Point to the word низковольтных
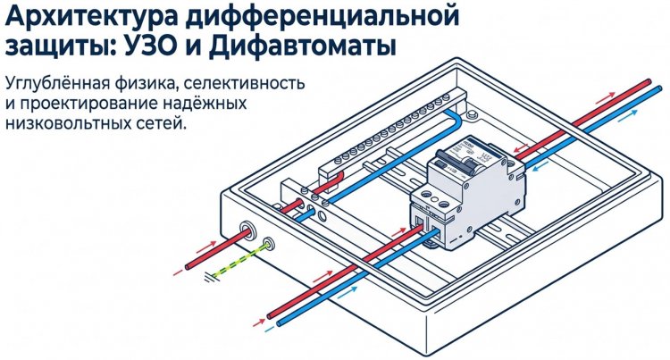67,125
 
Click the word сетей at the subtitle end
163,125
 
